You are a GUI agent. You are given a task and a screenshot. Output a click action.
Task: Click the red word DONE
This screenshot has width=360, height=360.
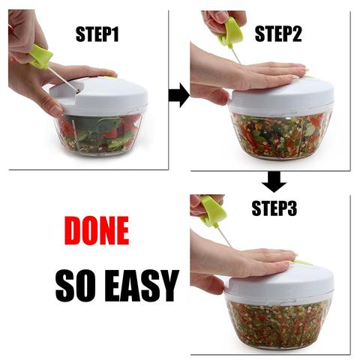(96, 231)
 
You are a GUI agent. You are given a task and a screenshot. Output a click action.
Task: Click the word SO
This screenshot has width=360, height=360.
(74, 284)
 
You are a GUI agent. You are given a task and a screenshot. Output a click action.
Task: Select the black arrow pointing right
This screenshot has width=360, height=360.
(178, 95)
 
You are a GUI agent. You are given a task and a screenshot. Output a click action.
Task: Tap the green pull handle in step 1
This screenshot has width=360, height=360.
(40, 56)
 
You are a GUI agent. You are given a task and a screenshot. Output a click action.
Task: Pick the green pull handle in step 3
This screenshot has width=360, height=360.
(214, 211)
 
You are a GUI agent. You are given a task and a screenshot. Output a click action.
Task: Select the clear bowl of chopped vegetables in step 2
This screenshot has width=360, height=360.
(282, 135)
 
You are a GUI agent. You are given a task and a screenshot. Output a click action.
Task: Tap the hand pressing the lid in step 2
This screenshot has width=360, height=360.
(255, 75)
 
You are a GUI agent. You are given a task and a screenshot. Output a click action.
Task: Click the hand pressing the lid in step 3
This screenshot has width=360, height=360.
(247, 262)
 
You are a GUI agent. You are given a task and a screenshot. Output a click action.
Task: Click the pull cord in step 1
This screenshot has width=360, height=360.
(64, 79)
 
